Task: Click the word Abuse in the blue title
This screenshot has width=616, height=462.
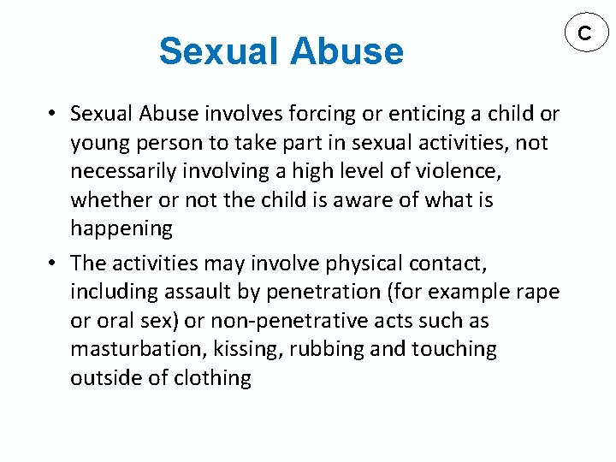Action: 346,51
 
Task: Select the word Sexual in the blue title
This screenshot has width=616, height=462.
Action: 219,51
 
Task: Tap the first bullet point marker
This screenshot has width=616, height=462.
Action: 52,114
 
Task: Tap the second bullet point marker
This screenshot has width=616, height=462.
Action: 52,262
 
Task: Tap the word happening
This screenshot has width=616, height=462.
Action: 121,229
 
